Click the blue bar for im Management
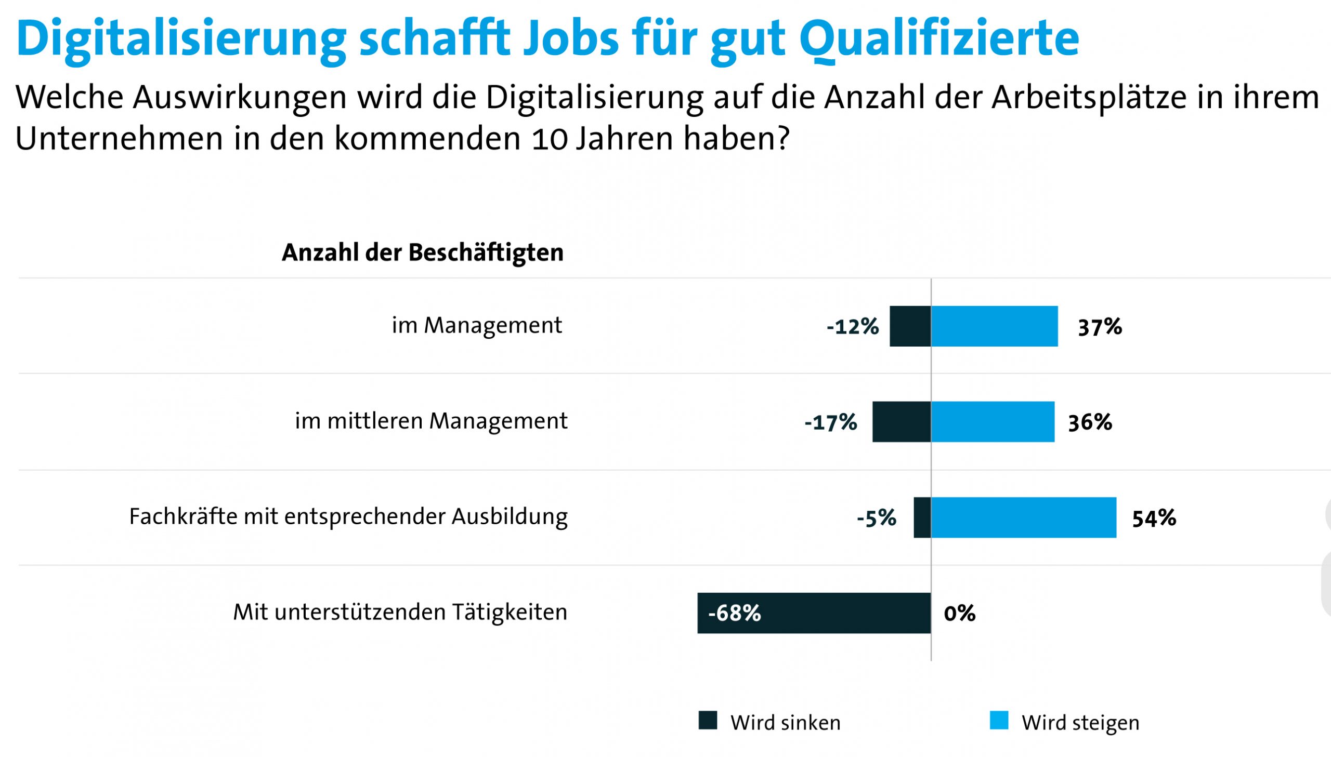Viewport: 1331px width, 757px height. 994,326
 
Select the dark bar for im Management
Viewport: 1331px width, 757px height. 910,326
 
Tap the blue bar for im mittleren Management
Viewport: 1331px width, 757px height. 993,422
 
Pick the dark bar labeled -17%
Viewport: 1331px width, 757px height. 902,422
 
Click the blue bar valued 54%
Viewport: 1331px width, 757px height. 1023,517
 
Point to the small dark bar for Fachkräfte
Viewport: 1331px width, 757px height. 922,517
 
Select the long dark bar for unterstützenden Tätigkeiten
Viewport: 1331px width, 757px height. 832,613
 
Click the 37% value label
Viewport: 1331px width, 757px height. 1100,327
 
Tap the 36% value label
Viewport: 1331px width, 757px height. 1090,422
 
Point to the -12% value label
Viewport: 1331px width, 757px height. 853,326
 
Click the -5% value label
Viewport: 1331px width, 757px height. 877,518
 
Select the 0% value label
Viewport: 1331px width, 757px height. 959,614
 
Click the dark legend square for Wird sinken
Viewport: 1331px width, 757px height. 708,721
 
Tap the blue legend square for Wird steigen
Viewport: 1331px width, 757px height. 999,721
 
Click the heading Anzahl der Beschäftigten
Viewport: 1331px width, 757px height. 422,253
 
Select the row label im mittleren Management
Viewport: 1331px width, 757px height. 430,421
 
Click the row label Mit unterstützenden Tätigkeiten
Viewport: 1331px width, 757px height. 399,613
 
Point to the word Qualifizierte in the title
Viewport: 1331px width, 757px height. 939,39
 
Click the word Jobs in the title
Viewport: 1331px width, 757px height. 570,39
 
